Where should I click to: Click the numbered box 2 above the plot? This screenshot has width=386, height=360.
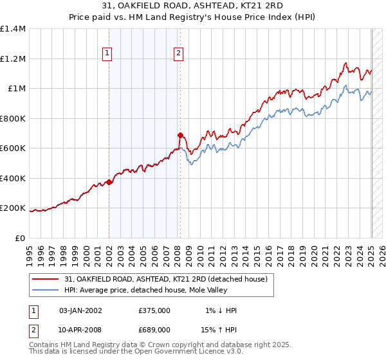(178, 54)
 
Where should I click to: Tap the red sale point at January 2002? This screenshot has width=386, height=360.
(109, 182)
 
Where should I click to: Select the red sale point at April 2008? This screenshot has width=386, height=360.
(180, 135)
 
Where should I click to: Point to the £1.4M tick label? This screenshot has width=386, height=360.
(13, 29)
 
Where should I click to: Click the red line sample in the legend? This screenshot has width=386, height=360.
(45, 278)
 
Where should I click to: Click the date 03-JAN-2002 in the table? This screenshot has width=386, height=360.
(80, 310)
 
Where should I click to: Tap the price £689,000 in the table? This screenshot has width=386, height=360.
(154, 329)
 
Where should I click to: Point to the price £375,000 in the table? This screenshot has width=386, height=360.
(154, 310)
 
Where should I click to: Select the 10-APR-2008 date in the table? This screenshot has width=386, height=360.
(80, 329)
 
